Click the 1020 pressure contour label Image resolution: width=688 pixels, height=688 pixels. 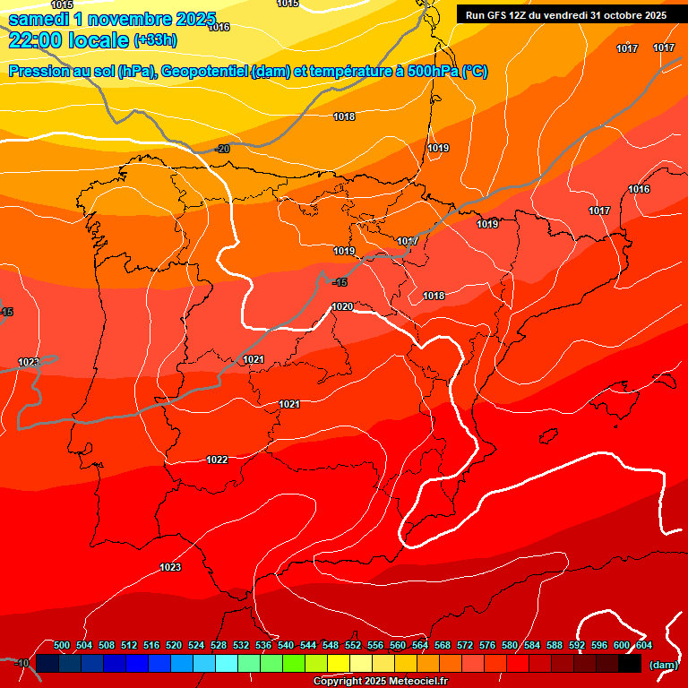coord(342,307)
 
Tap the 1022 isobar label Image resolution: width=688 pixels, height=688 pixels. coord(217,460)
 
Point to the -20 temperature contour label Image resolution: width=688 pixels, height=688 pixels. coord(222,149)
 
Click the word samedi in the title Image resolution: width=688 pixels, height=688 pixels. coord(39,19)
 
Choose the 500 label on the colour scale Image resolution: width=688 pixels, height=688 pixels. coord(62,645)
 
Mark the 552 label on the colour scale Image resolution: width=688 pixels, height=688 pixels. coord(353,645)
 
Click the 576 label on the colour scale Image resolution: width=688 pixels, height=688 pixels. coord(487,645)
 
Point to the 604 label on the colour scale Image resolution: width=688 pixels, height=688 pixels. coord(644,645)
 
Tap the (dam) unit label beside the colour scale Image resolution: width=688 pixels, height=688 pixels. coord(663,664)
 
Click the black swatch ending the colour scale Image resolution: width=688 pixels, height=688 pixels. coord(630,664)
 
